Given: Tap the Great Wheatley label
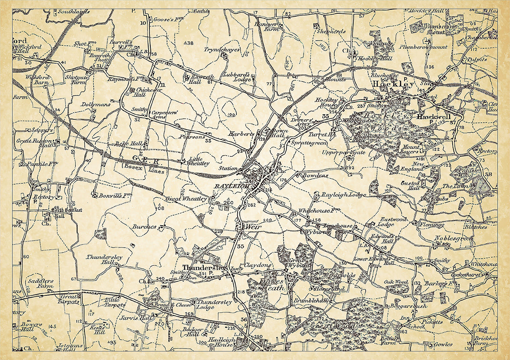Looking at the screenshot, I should click(187, 199).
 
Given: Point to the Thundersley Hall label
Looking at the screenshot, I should click(99, 260).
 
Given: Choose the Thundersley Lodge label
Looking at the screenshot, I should click(215, 305).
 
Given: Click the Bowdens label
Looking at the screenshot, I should click(315, 175).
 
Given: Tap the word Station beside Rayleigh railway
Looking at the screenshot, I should click(228, 168).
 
